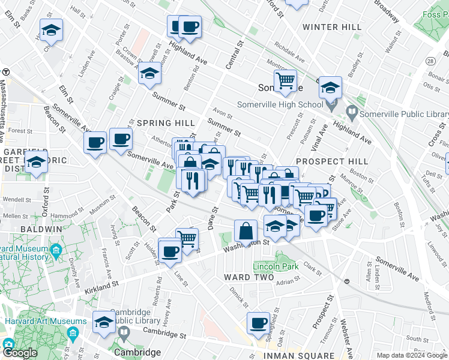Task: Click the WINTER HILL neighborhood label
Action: coord(332,27)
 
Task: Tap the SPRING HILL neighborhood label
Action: coord(158,123)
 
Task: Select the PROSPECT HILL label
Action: coord(332,161)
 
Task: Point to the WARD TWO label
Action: coord(249,277)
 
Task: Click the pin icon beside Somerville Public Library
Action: coord(352,112)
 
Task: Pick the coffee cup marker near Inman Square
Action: coord(259,323)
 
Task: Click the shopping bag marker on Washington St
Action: coord(246,230)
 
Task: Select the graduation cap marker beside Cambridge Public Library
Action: coord(104,321)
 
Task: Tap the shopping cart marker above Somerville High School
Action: coord(286,80)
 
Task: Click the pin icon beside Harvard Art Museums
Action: coord(73,333)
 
